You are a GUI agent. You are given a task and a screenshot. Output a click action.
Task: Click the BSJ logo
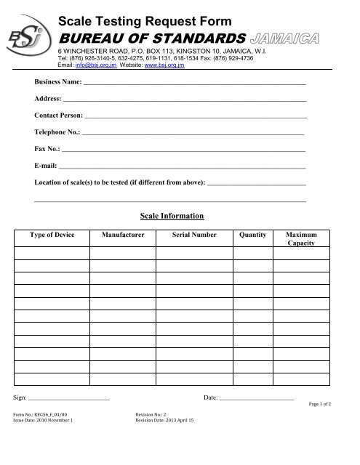(29, 31)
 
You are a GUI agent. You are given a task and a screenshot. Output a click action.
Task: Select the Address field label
(47, 100)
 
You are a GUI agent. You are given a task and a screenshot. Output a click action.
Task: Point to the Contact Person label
(58, 116)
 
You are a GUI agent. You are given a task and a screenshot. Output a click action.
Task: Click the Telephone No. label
(57, 132)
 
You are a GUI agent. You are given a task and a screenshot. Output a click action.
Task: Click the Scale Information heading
(172, 216)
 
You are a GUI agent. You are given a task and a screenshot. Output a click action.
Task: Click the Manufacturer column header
(123, 235)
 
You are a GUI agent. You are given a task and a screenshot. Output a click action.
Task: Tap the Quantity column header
(252, 235)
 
